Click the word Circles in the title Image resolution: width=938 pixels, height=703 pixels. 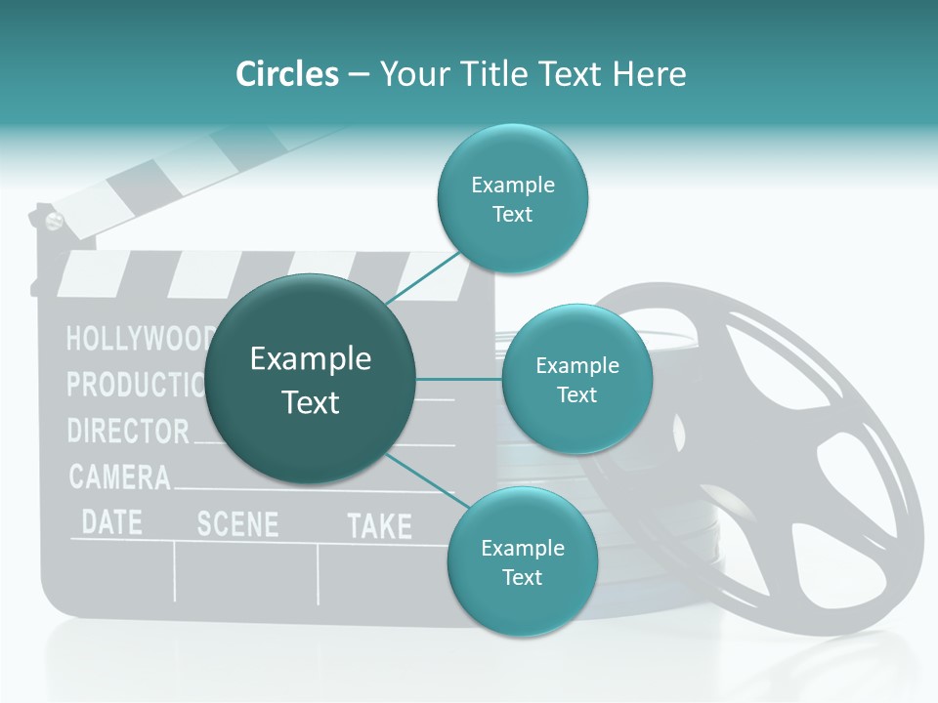click(x=286, y=74)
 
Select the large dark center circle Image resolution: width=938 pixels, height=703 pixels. click(x=311, y=379)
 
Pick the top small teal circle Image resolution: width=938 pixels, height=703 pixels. click(x=512, y=199)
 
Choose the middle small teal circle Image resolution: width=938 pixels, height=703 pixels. click(x=576, y=380)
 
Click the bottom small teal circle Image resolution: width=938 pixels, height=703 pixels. click(x=522, y=562)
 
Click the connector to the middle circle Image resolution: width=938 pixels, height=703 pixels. click(x=458, y=379)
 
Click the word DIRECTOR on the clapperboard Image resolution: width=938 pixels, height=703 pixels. click(x=128, y=431)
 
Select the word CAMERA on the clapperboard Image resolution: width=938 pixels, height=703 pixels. click(x=119, y=477)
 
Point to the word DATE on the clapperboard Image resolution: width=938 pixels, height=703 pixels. click(x=111, y=521)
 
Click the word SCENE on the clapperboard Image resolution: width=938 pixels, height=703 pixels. click(x=237, y=524)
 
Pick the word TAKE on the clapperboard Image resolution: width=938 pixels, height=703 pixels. click(x=379, y=527)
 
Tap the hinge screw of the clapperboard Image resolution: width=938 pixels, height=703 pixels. click(x=54, y=221)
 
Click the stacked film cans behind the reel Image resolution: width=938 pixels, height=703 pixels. click(x=547, y=469)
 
